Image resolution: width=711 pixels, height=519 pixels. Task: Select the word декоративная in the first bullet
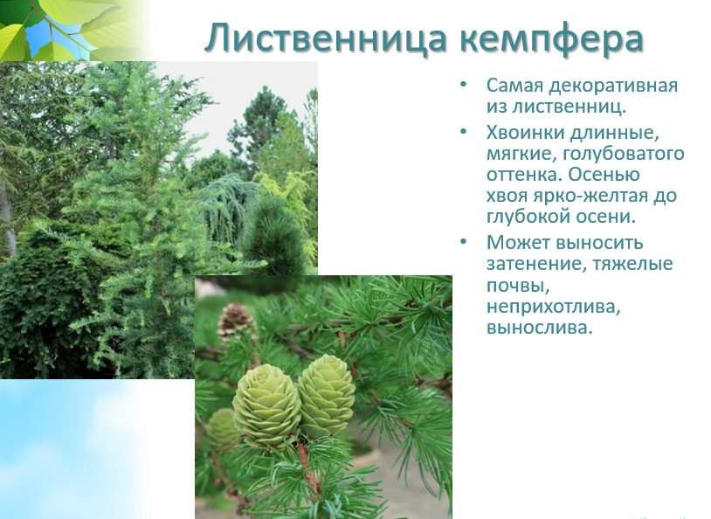click(613, 86)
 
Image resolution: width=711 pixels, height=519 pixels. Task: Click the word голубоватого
click(623, 155)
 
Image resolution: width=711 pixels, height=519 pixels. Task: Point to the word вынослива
click(540, 328)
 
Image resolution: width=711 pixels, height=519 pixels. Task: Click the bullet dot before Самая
click(463, 85)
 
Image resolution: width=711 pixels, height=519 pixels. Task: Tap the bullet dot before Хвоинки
click(463, 132)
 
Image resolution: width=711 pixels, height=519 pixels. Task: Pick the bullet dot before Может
click(463, 242)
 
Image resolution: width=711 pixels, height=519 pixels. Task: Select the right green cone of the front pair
click(326, 395)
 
